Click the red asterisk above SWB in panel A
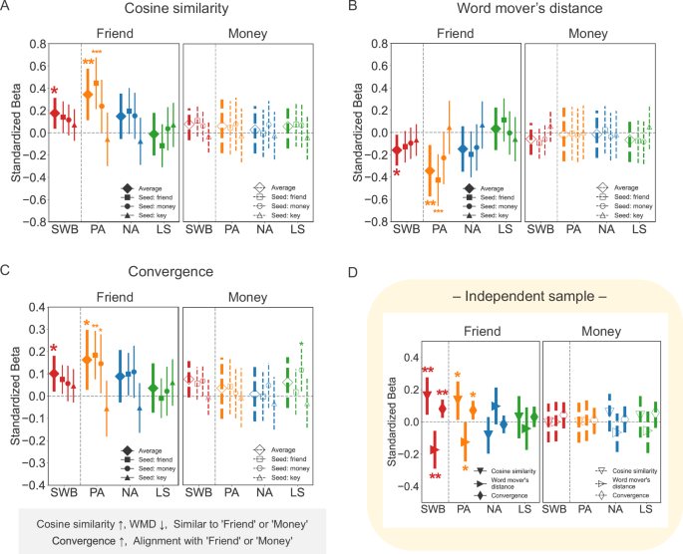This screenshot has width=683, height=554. coord(54,93)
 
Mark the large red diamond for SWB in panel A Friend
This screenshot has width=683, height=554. coord(56,112)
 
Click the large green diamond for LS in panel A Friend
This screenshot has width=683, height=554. coord(153,134)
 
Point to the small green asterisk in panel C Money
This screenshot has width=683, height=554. coord(302,346)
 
